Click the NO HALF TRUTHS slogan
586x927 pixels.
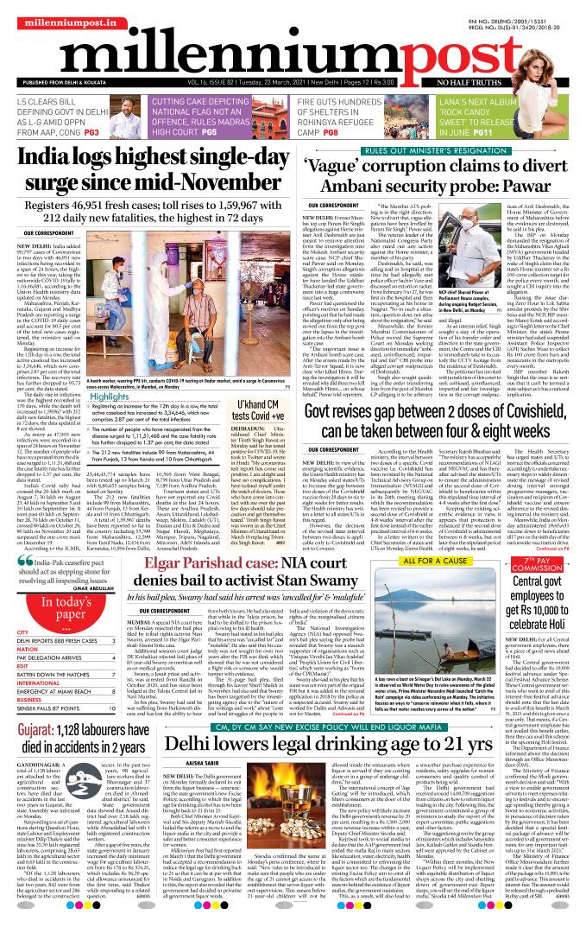point(542,81)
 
